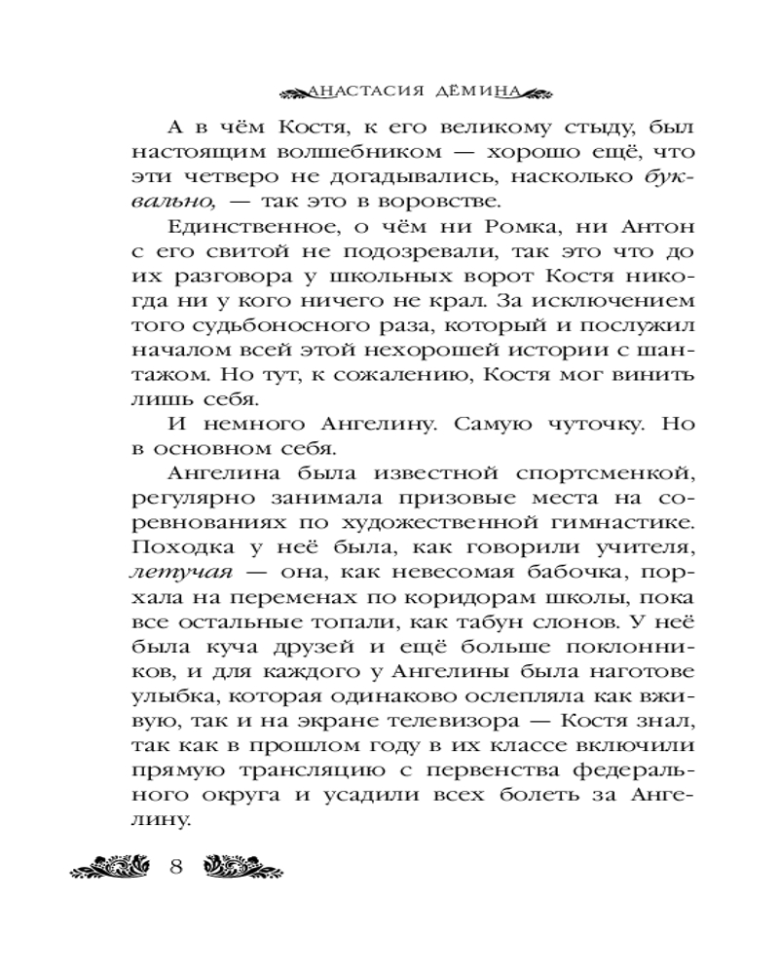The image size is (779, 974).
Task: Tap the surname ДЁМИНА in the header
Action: pyautogui.click(x=472, y=93)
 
